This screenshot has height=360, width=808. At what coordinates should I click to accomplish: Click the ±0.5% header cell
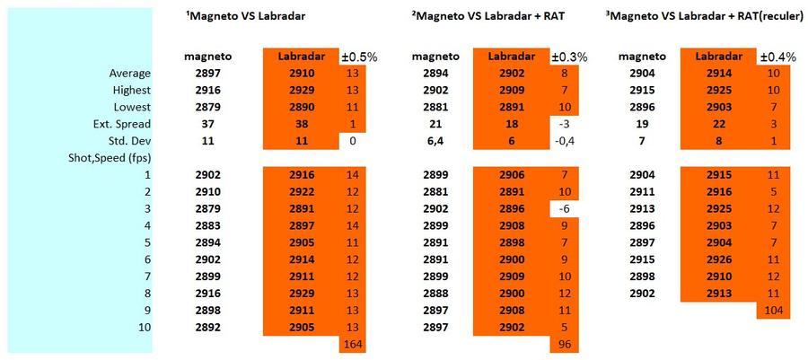(358, 57)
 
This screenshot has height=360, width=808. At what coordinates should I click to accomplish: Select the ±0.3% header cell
(569, 57)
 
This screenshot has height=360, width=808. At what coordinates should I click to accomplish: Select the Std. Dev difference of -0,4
(565, 141)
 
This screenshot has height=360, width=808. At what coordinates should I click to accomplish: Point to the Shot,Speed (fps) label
(106, 158)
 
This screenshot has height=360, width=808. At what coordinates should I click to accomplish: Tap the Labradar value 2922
(302, 192)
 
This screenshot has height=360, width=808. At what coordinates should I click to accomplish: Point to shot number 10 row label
(145, 327)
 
